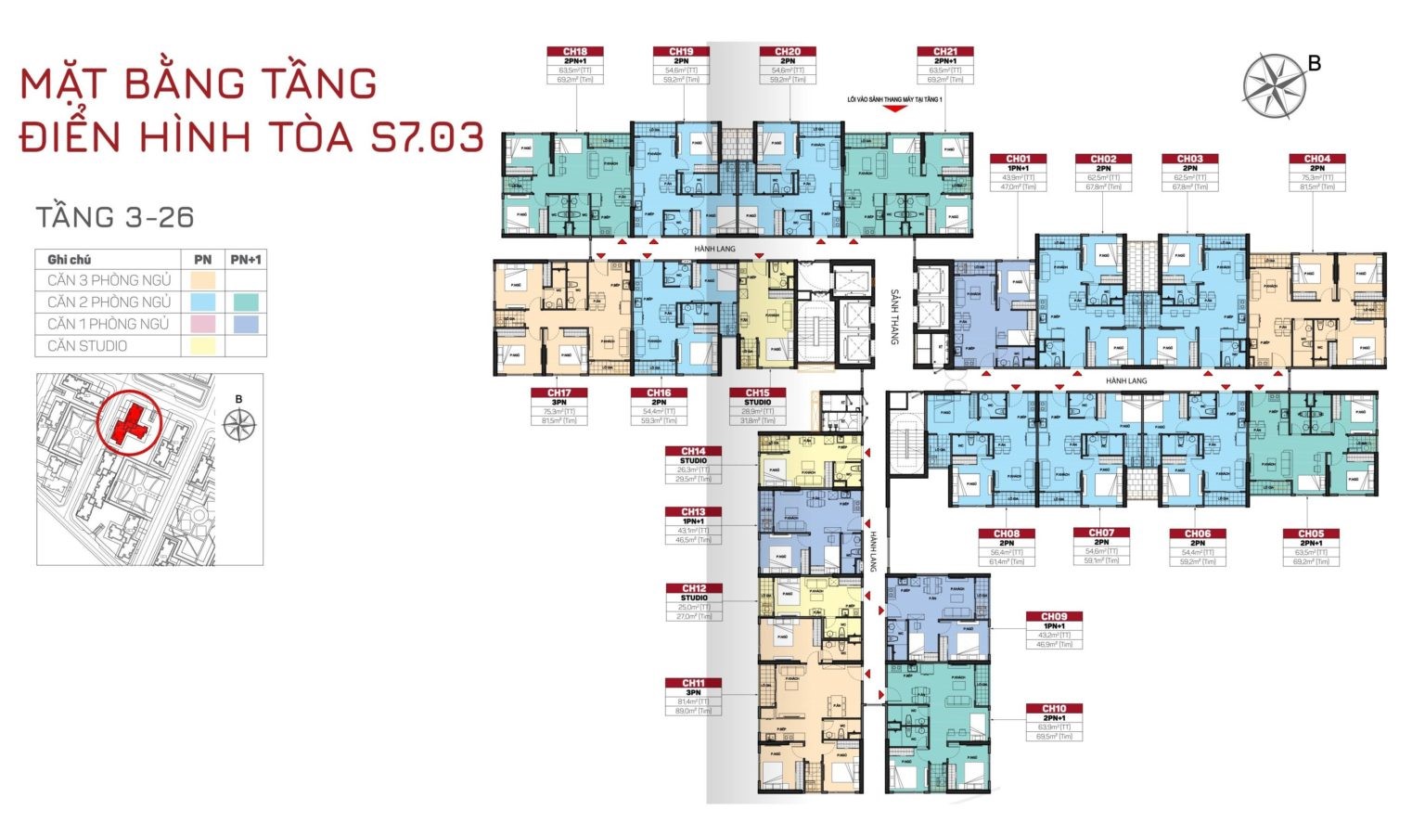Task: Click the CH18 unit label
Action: pos(575,53)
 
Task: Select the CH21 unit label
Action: pos(945,53)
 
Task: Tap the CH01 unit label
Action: pos(1018,160)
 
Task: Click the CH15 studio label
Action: pos(757,393)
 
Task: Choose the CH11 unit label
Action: pos(693,684)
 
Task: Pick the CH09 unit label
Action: pos(1053,617)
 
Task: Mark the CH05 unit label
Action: pos(1310,534)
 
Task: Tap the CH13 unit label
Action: pos(693,512)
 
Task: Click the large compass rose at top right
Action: pos(1274,86)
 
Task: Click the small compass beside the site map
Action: pos(239,424)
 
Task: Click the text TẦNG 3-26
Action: pos(114,217)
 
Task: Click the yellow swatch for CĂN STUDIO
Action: pos(202,346)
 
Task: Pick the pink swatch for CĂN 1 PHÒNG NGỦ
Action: pos(202,324)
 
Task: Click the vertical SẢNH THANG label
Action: pos(895,316)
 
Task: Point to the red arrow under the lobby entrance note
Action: pos(894,109)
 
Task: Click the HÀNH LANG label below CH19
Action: pos(714,249)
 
